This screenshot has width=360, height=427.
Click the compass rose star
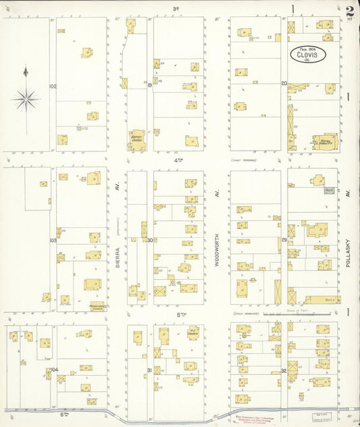(26, 100)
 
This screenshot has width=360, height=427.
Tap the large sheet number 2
(349, 11)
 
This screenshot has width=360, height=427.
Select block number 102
(53, 86)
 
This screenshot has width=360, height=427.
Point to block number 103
(53, 240)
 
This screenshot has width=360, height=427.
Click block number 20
(284, 84)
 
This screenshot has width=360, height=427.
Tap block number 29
(284, 240)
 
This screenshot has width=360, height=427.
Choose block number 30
(150, 240)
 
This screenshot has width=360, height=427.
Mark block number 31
(149, 370)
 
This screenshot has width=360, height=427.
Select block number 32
(284, 371)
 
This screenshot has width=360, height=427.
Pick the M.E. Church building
(192, 334)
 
